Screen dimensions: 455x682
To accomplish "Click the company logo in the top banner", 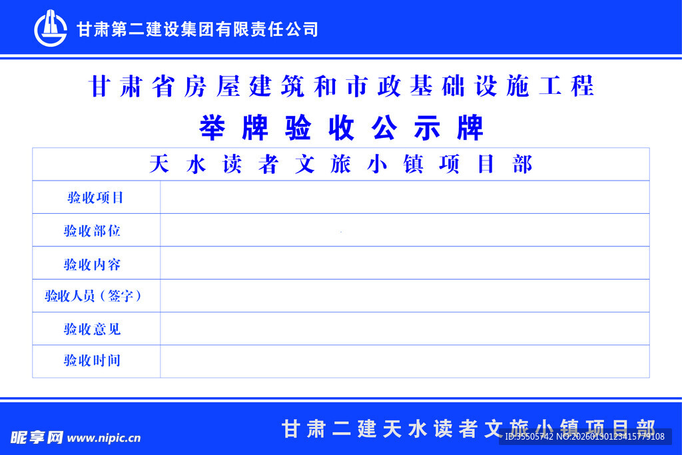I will click(51, 29).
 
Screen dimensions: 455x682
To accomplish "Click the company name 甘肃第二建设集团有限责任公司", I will click(197, 29).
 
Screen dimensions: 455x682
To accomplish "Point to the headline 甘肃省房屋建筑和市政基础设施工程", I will click(341, 87).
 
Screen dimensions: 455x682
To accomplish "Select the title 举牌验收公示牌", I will click(341, 128).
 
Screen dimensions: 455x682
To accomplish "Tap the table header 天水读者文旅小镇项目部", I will click(341, 165).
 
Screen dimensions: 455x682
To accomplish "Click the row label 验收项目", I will click(95, 198).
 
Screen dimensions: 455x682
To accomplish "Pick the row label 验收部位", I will click(93, 231).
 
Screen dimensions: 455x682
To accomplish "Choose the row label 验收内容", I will click(93, 264).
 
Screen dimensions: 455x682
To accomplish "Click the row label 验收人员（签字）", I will click(93, 296).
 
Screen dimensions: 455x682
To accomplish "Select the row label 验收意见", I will click(93, 329).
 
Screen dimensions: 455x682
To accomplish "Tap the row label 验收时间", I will click(93, 361).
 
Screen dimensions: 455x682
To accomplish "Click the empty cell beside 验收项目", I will click(404, 197).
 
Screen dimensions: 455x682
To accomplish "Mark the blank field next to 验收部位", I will click(404, 230).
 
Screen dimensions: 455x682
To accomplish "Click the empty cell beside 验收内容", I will click(404, 263).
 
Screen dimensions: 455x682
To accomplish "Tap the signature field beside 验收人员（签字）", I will click(404, 296).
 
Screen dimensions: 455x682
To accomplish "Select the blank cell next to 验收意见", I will click(404, 328).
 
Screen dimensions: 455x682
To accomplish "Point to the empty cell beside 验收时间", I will click(404, 361).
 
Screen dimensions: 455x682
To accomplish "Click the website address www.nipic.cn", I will click(104, 438).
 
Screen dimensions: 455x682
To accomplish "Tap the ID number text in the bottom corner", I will click(585, 437).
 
